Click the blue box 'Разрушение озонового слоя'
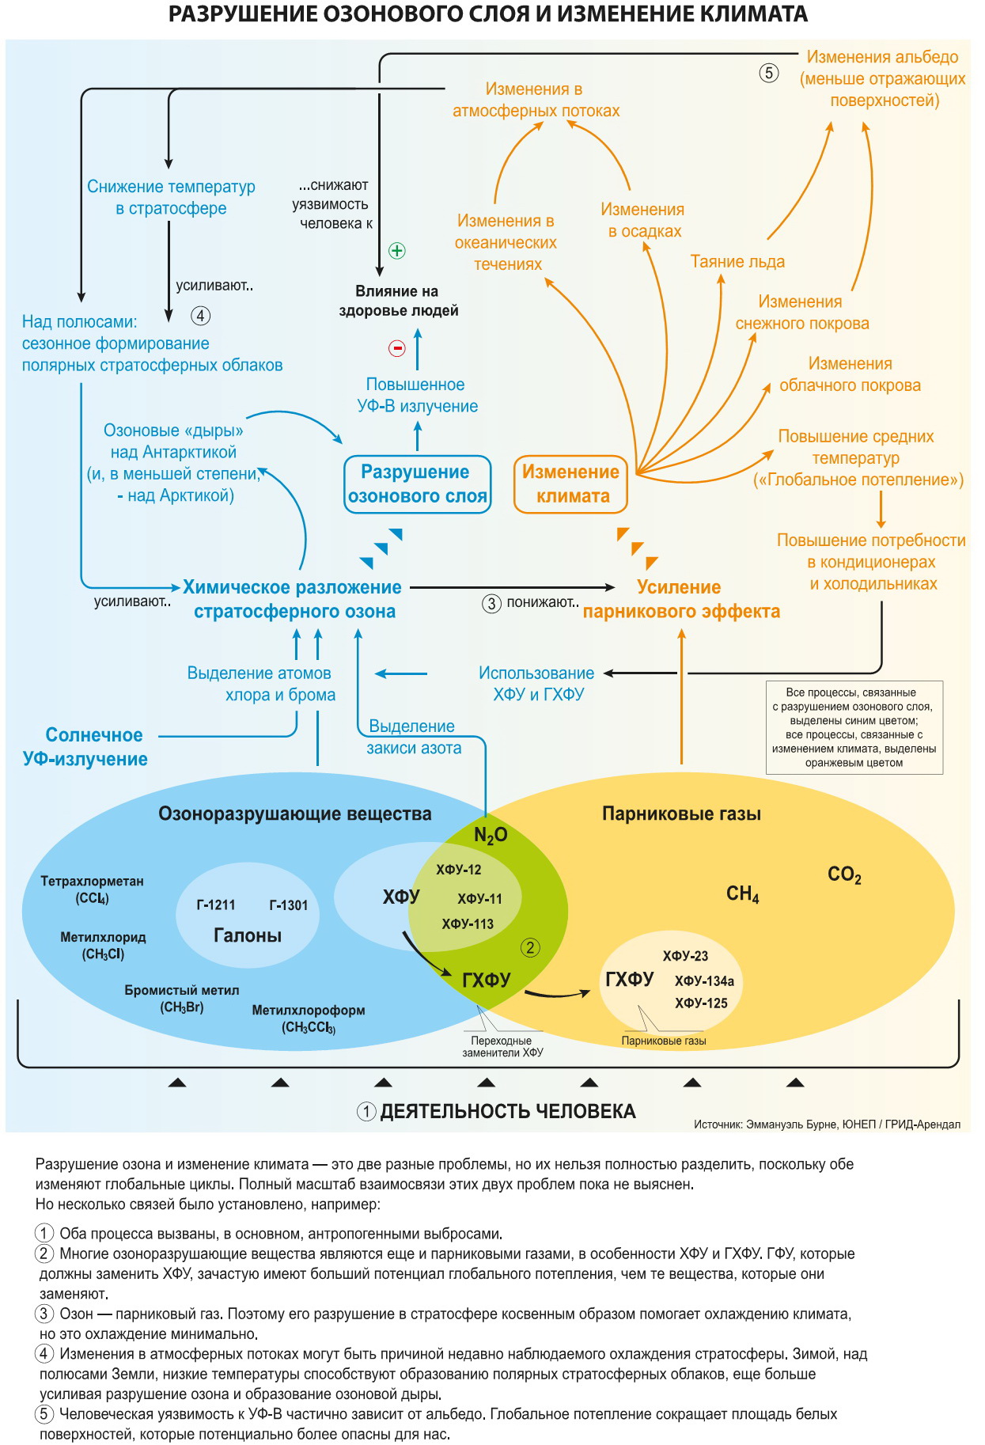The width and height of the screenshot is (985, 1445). coord(418,484)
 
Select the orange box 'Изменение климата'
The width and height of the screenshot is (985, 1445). coord(571,484)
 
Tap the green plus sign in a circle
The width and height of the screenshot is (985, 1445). coord(397,251)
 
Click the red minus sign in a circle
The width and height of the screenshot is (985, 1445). coord(397,347)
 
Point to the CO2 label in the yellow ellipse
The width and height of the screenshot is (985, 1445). coord(844,875)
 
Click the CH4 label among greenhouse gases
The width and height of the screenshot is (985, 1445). coord(742,894)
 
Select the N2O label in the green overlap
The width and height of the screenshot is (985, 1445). coord(491,836)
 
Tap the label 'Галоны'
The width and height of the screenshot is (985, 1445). coord(248,935)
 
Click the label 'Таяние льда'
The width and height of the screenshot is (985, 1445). coord(737,261)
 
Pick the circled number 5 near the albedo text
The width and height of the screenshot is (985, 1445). coord(769,73)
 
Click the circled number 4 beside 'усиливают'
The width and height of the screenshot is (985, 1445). coord(201,316)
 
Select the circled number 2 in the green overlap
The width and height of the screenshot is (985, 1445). coord(530,947)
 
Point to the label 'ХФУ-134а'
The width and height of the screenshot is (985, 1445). coord(704,981)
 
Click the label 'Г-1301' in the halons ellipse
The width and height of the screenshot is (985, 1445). coord(289,905)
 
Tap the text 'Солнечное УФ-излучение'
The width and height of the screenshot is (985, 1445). coord(85,747)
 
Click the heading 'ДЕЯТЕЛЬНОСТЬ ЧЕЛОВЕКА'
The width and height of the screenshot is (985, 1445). coord(508,1112)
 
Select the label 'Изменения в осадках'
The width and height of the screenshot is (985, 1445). coord(643,220)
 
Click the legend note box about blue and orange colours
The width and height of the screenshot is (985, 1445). coord(854,727)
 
